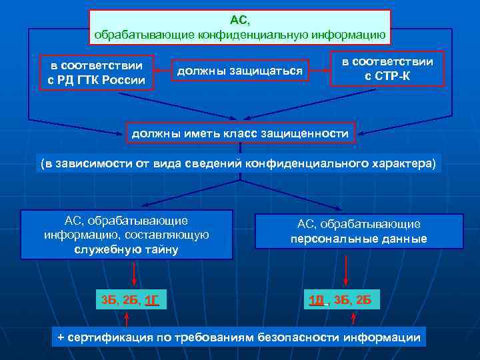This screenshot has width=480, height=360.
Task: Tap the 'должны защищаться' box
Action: click(239, 70)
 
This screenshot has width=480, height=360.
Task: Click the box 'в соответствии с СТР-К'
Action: click(387, 68)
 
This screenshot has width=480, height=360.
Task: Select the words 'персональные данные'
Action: click(359, 239)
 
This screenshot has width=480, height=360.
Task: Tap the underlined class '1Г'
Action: click(152, 299)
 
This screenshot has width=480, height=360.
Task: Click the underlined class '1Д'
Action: click(316, 299)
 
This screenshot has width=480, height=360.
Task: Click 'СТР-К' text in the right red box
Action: click(387, 75)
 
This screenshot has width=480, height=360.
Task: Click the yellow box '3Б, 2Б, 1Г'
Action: click(130, 299)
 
